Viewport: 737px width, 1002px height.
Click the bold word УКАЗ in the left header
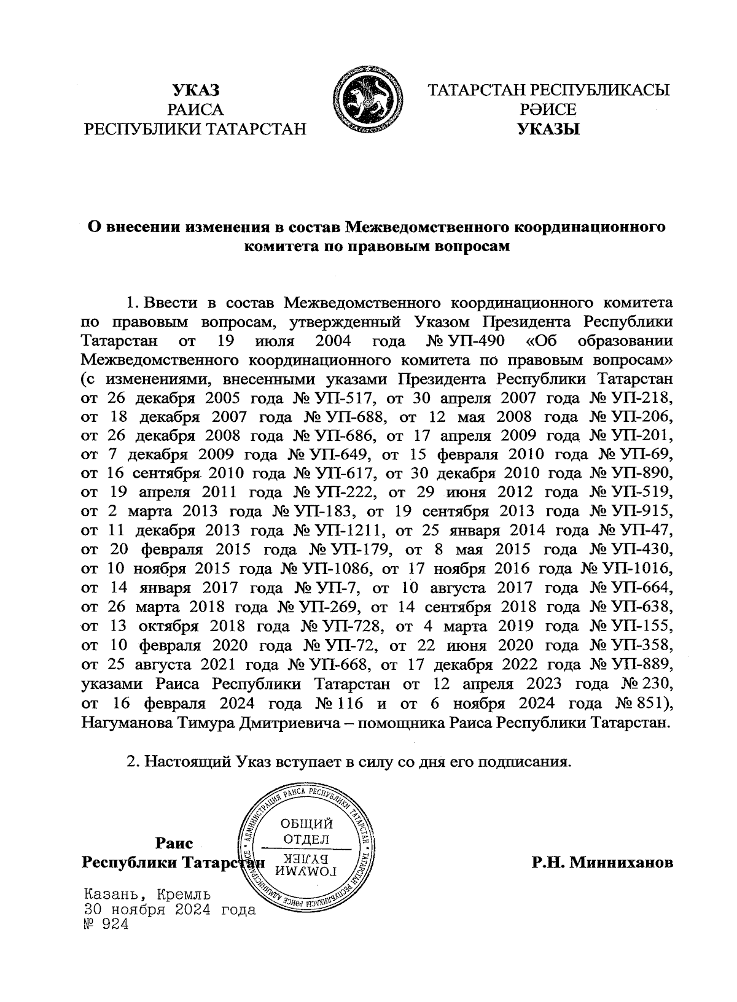pos(195,90)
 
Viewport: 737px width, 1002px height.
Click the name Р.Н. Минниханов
pos(602,863)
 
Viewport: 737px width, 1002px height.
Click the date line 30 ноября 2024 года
pos(168,910)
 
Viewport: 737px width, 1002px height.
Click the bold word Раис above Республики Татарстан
pos(174,844)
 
